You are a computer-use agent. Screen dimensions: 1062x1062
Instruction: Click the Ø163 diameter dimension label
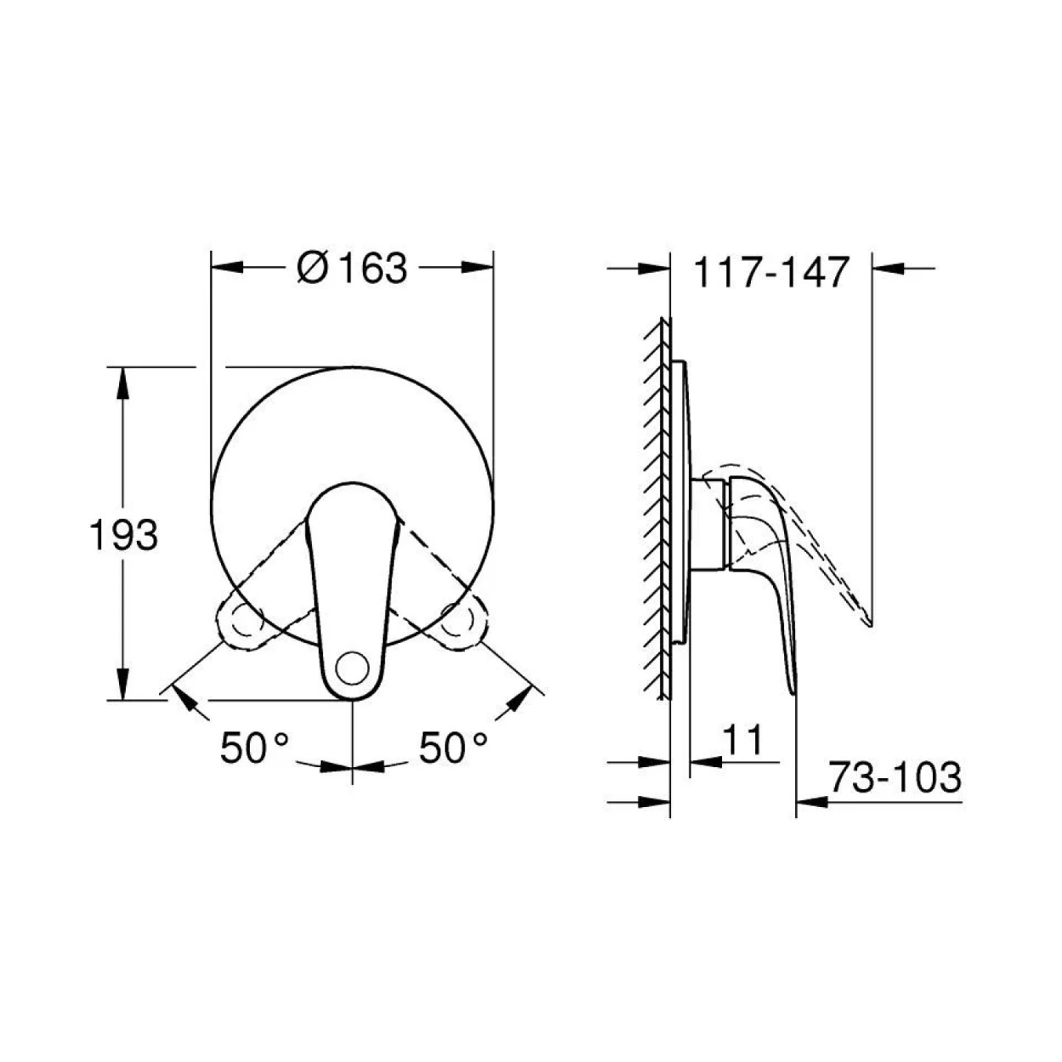click(352, 268)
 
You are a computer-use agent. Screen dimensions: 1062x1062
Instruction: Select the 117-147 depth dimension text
click(771, 272)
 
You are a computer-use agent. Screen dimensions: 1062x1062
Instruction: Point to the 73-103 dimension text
click(895, 777)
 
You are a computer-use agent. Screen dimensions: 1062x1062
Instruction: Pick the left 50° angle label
click(255, 748)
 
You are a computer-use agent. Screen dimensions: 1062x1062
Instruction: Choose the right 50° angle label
click(453, 748)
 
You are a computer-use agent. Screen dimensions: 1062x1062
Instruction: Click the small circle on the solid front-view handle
click(353, 669)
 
